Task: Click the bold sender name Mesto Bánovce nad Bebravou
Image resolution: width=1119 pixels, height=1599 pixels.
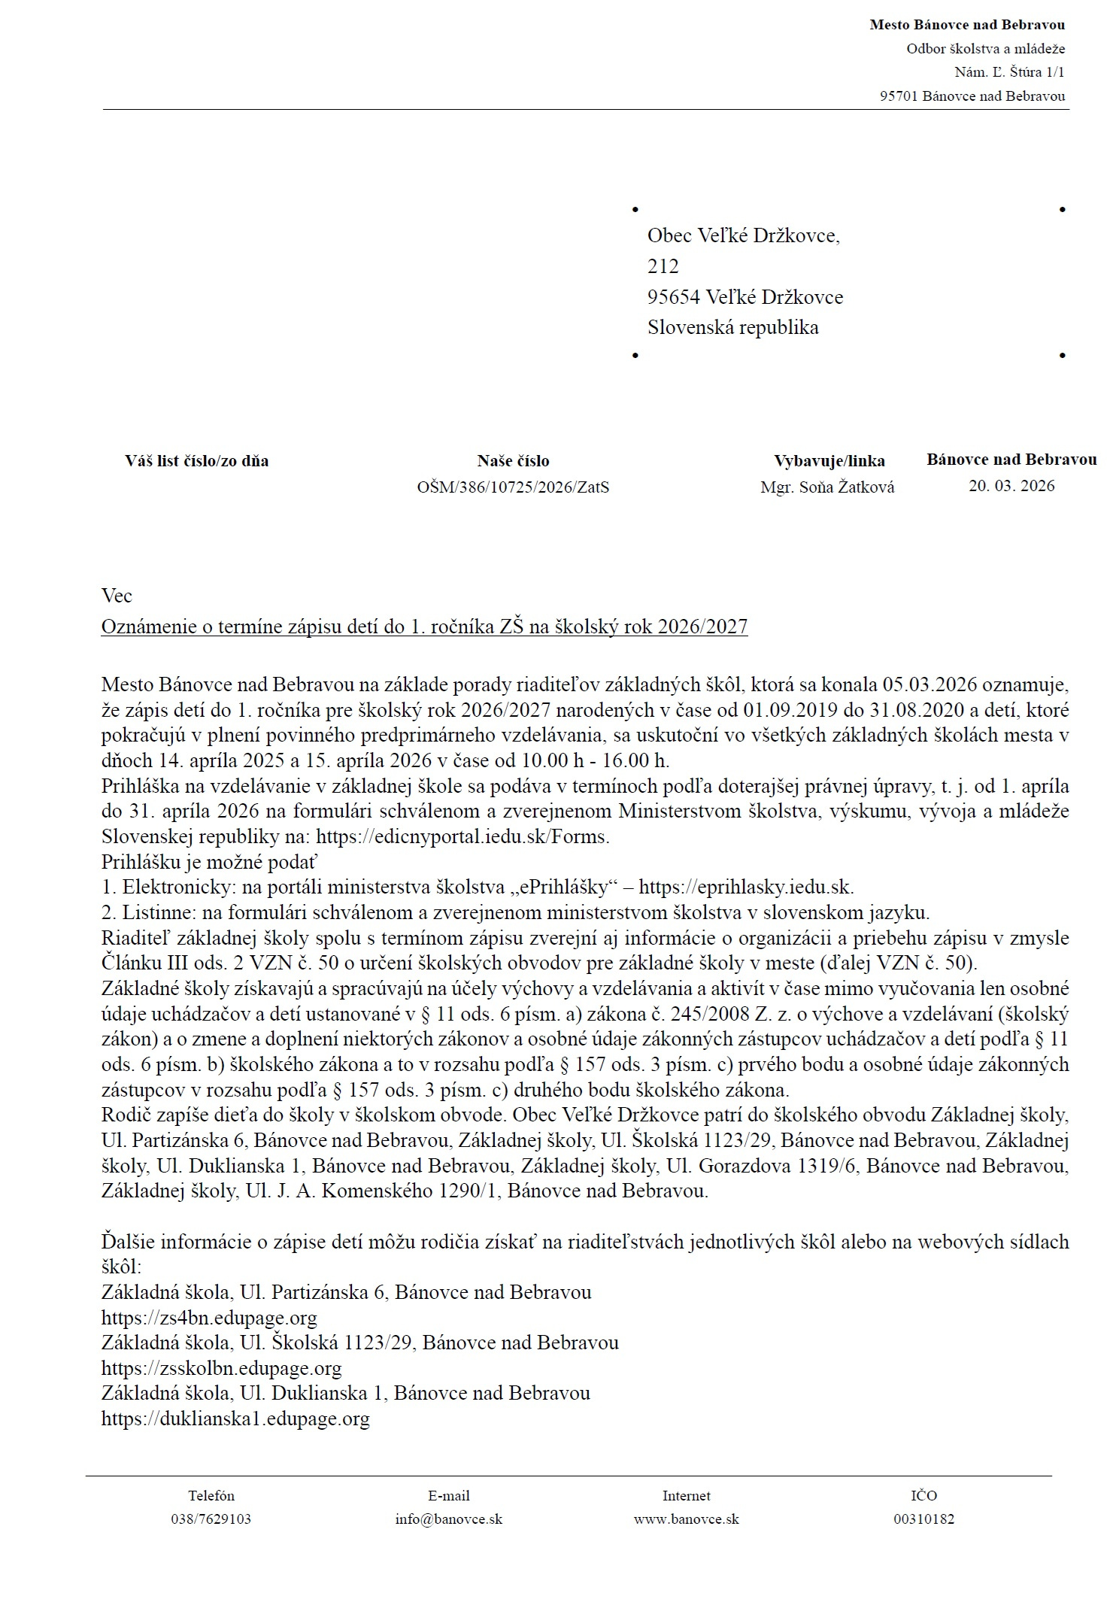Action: pyautogui.click(x=966, y=25)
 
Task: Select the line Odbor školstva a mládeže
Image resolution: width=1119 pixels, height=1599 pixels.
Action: pyautogui.click(x=985, y=49)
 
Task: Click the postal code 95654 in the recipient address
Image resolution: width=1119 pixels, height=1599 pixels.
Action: pyautogui.click(x=674, y=297)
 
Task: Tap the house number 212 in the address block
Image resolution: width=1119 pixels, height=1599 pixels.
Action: pyautogui.click(x=663, y=266)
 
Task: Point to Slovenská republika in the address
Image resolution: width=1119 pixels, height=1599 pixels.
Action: pyautogui.click(x=732, y=327)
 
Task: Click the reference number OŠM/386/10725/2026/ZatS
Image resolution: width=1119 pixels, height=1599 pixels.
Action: pyautogui.click(x=513, y=487)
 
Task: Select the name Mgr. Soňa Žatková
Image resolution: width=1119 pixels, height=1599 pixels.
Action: pyautogui.click(x=827, y=487)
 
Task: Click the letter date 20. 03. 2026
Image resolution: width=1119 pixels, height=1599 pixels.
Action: pyautogui.click(x=1011, y=486)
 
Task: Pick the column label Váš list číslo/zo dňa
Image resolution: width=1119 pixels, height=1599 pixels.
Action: pyautogui.click(x=196, y=461)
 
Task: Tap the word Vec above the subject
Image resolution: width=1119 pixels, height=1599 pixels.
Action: pyautogui.click(x=117, y=596)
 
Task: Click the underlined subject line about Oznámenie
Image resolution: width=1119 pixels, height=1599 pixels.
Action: pyautogui.click(x=424, y=627)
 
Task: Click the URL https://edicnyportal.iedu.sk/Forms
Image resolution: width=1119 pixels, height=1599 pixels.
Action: pyautogui.click(x=462, y=836)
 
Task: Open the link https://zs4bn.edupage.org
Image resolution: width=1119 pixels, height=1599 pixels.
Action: pyautogui.click(x=209, y=1318)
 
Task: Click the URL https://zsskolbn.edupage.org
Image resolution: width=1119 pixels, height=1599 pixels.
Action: pyautogui.click(x=221, y=1368)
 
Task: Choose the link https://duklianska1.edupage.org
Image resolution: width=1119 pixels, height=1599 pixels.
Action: pyautogui.click(x=235, y=1418)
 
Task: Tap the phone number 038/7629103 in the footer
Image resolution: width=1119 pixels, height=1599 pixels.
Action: pyautogui.click(x=211, y=1519)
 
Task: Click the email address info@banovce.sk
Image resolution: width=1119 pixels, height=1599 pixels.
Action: pyautogui.click(x=448, y=1519)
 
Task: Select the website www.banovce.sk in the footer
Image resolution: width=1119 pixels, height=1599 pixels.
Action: pyautogui.click(x=686, y=1519)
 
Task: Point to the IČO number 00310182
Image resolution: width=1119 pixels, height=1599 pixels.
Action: pyautogui.click(x=923, y=1519)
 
